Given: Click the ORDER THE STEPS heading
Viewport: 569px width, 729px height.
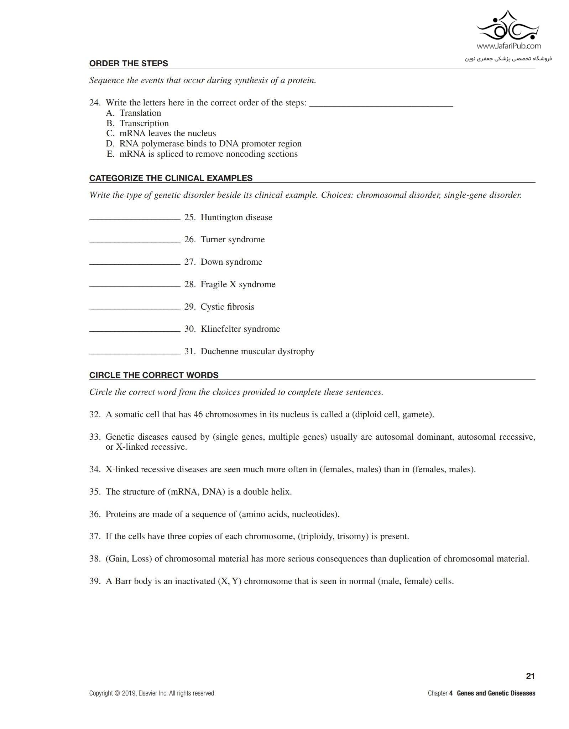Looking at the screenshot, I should pyautogui.click(x=129, y=63).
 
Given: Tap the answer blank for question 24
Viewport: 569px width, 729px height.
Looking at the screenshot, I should pyautogui.click(x=381, y=103).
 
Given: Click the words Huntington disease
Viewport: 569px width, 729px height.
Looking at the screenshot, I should pyautogui.click(x=236, y=217).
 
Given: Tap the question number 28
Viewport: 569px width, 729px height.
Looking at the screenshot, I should pyautogui.click(x=189, y=284).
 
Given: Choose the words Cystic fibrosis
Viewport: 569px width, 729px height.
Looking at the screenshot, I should pyautogui.click(x=227, y=307).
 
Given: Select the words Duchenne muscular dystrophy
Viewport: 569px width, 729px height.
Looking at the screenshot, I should pyautogui.click(x=257, y=351).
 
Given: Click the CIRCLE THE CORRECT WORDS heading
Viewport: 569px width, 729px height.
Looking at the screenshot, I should pyautogui.click(x=154, y=375).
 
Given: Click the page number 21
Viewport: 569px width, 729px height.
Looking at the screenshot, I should pyautogui.click(x=530, y=676).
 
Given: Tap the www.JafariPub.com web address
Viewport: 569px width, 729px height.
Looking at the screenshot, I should pyautogui.click(x=508, y=46).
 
